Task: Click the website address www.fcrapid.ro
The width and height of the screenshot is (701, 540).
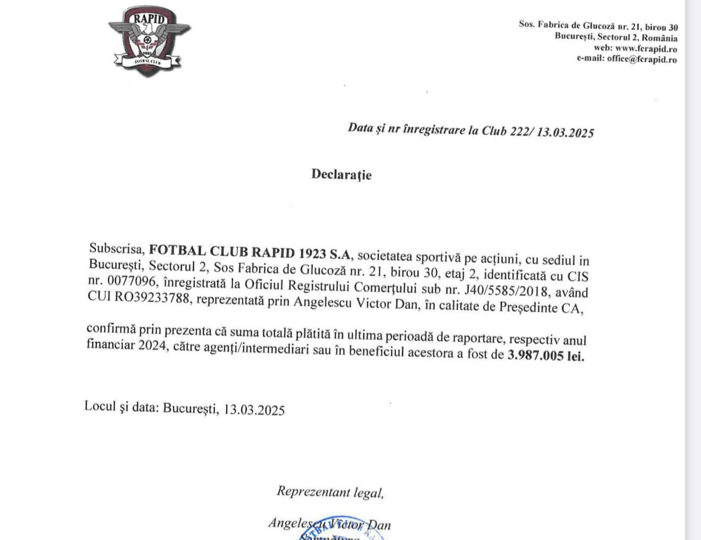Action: (646, 48)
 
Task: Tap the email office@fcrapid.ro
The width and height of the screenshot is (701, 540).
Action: (642, 59)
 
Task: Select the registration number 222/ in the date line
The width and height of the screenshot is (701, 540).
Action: (520, 131)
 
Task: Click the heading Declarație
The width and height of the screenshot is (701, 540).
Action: (341, 174)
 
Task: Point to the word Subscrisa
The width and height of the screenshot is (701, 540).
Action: (117, 248)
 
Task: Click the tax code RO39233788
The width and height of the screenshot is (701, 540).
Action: (152, 298)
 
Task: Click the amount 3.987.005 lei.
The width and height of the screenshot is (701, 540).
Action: (545, 355)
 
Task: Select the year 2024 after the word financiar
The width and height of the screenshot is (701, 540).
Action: (152, 345)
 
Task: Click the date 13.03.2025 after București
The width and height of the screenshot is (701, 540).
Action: (254, 409)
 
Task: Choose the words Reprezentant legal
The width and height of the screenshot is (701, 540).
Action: (330, 492)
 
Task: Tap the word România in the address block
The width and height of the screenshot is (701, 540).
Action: (660, 38)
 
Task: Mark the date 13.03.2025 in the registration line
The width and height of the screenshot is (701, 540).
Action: (565, 132)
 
